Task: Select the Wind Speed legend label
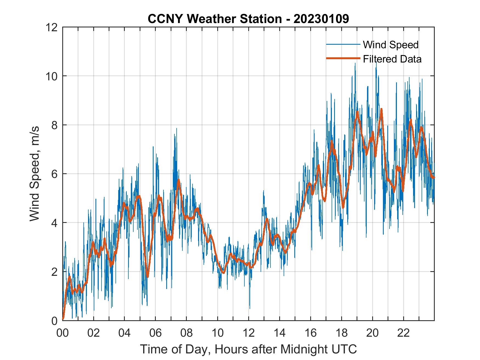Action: point(391,45)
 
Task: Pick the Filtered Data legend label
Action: point(392,59)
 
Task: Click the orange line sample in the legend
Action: point(343,58)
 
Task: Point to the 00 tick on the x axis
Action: point(63,333)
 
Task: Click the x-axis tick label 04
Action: point(125,333)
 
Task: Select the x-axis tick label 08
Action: point(187,333)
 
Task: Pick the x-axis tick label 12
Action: point(249,333)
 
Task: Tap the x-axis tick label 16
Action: point(310,333)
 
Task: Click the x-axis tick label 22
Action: point(403,333)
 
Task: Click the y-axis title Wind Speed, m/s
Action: point(35,174)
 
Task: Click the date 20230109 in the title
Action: point(321,19)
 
